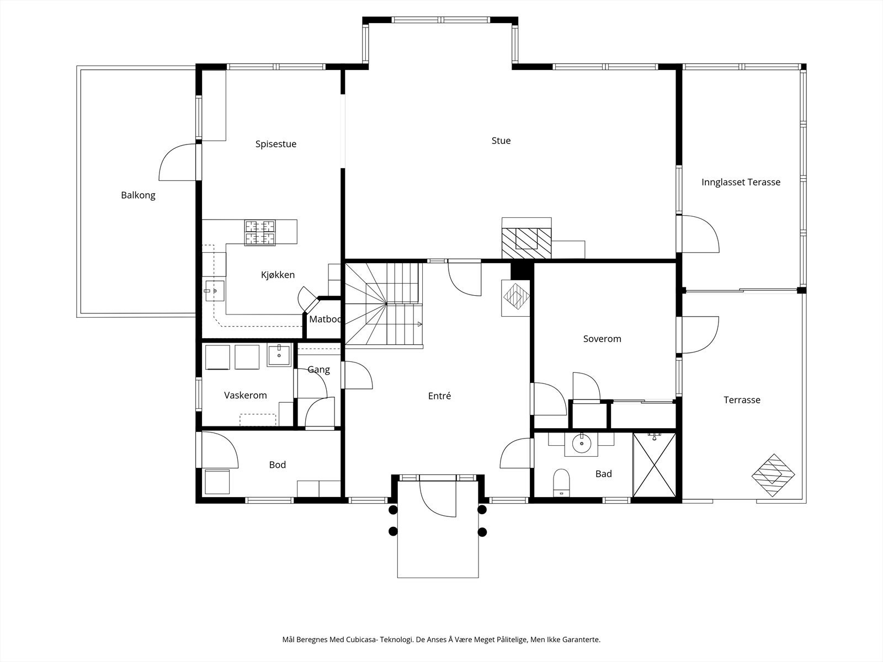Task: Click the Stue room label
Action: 501,141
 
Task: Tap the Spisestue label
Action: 276,144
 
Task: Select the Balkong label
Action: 138,195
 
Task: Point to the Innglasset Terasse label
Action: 741,182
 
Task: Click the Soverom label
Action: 602,339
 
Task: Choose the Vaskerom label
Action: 246,395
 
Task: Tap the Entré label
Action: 439,396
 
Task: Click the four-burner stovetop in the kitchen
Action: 260,232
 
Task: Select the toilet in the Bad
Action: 562,482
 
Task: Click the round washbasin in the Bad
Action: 581,444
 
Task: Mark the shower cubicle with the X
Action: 654,465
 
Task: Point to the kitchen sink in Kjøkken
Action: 215,291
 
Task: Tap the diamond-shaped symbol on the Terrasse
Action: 773,475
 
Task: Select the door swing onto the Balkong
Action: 177,162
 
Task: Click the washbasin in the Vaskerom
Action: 279,355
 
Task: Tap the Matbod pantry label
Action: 325,319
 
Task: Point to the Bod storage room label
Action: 278,465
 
